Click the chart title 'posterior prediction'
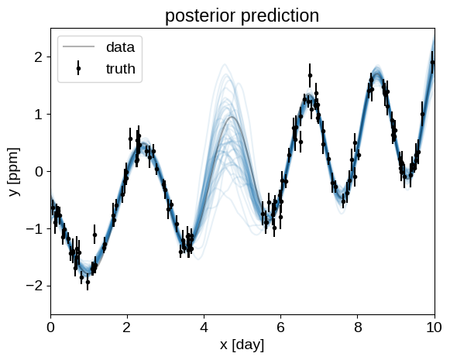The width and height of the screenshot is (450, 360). [x=242, y=15]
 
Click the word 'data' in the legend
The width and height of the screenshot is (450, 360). [x=120, y=47]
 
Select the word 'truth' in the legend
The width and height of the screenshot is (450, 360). [x=121, y=69]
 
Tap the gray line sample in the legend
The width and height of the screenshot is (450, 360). [x=78, y=46]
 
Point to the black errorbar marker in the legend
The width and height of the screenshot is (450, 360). [x=78, y=68]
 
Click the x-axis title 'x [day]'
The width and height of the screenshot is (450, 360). [x=242, y=345]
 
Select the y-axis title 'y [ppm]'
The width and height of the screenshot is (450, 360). [x=14, y=172]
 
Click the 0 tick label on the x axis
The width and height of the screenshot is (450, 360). [x=50, y=327]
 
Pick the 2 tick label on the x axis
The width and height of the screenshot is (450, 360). [x=127, y=327]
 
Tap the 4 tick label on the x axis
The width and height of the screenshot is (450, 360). [x=204, y=327]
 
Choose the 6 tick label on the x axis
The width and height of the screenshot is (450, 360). [x=280, y=327]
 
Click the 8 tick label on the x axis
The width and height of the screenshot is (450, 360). [x=358, y=327]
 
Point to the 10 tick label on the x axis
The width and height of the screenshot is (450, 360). [x=435, y=327]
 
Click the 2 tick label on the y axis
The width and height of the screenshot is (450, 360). [x=38, y=57]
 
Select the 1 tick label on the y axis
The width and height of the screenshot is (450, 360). [x=39, y=115]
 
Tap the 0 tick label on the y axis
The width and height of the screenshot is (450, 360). [x=38, y=172]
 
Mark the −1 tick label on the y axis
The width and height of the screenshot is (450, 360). [x=34, y=229]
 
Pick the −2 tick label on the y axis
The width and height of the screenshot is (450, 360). [x=34, y=286]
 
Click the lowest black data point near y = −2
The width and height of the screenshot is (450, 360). [x=88, y=283]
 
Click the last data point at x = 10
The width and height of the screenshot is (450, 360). [x=432, y=63]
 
